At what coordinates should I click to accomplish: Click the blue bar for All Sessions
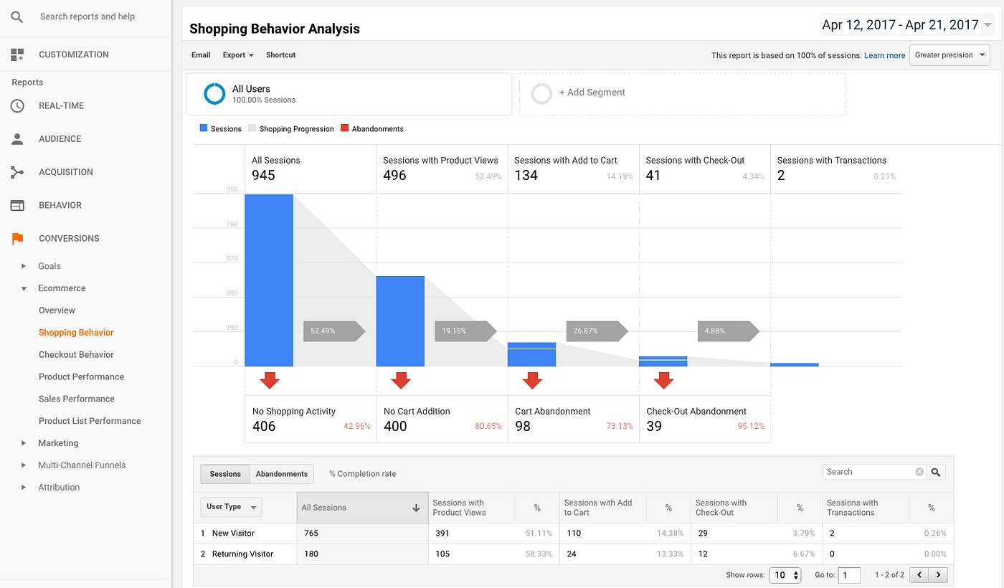click(x=269, y=280)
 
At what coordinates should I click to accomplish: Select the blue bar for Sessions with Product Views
click(x=400, y=321)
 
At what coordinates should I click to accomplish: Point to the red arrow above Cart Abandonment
click(x=532, y=380)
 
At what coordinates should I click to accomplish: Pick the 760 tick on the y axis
click(x=231, y=224)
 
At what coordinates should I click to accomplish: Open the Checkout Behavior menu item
click(x=76, y=354)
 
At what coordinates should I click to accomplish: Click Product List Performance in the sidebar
click(x=90, y=421)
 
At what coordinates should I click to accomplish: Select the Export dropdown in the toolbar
click(x=238, y=55)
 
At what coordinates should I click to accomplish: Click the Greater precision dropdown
click(x=949, y=55)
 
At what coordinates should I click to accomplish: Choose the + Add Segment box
click(x=681, y=93)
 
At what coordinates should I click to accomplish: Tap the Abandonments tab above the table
click(x=282, y=474)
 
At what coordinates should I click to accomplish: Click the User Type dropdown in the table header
click(x=231, y=507)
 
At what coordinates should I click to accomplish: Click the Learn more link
click(x=884, y=55)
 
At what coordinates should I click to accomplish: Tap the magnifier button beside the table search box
click(x=935, y=472)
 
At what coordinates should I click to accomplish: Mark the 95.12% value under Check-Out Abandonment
click(x=752, y=426)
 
